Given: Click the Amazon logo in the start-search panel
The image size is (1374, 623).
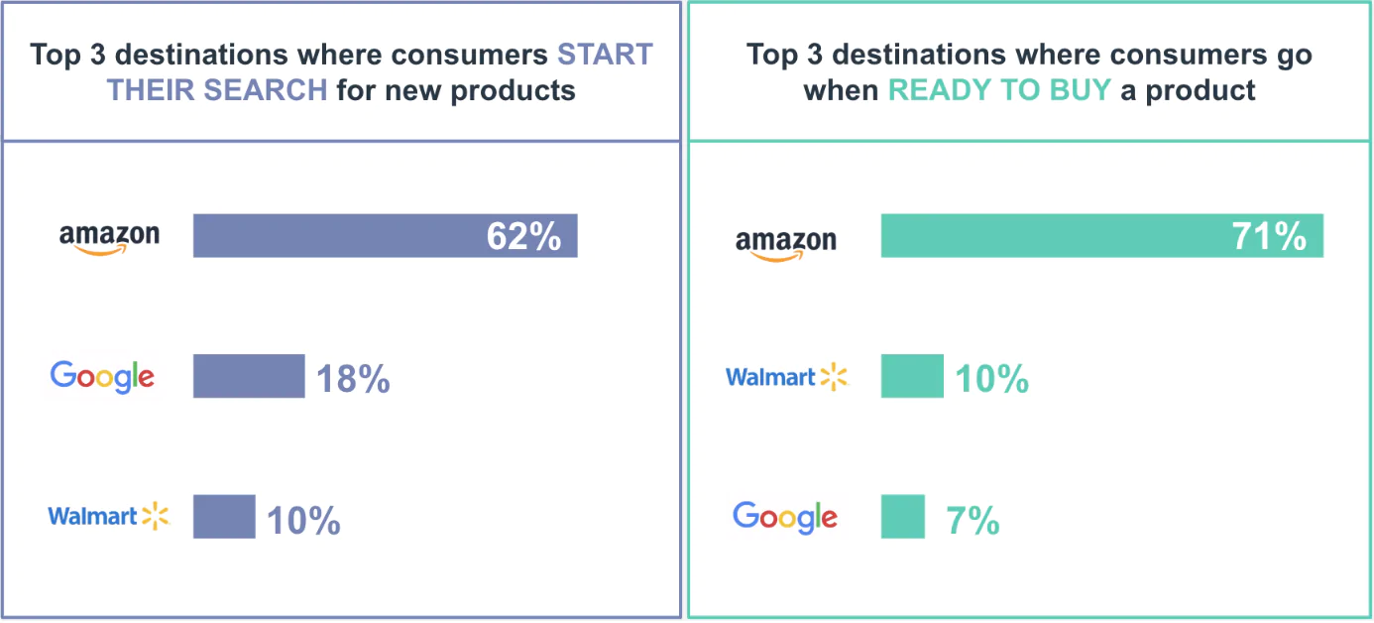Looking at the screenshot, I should (x=109, y=238).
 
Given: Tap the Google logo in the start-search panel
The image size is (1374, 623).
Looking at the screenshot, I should (x=102, y=377).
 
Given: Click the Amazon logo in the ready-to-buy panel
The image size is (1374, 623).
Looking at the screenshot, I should (x=786, y=242).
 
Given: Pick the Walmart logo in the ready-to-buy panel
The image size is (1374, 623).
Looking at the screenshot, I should (x=787, y=378).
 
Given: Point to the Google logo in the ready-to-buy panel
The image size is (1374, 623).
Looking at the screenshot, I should (x=785, y=517).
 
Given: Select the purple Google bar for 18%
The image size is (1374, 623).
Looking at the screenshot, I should (x=248, y=376).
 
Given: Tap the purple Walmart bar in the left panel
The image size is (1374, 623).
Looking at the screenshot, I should (x=223, y=517).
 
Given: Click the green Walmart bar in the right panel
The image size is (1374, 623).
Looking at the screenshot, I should (x=911, y=376).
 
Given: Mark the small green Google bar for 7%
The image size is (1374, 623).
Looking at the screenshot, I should (x=902, y=517).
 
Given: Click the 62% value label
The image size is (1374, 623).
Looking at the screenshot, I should (x=523, y=237).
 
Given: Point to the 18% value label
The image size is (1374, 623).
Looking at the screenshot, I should (x=353, y=379).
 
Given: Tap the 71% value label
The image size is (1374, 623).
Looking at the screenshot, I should (x=1269, y=237).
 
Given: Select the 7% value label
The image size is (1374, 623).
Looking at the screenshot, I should (x=973, y=521).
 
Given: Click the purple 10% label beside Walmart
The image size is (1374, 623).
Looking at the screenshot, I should (x=303, y=521).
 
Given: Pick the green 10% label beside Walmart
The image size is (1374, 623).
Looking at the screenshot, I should (x=991, y=379).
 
